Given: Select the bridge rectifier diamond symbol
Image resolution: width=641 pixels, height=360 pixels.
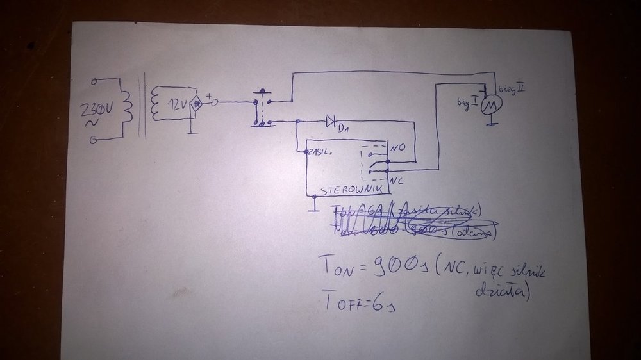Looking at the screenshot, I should click(197, 102).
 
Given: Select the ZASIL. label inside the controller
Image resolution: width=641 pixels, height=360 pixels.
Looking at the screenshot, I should click(320, 152).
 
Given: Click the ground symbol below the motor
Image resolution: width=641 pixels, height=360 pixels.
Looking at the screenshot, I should click(490, 124).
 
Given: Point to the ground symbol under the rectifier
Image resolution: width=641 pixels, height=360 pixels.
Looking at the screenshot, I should click(190, 131).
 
